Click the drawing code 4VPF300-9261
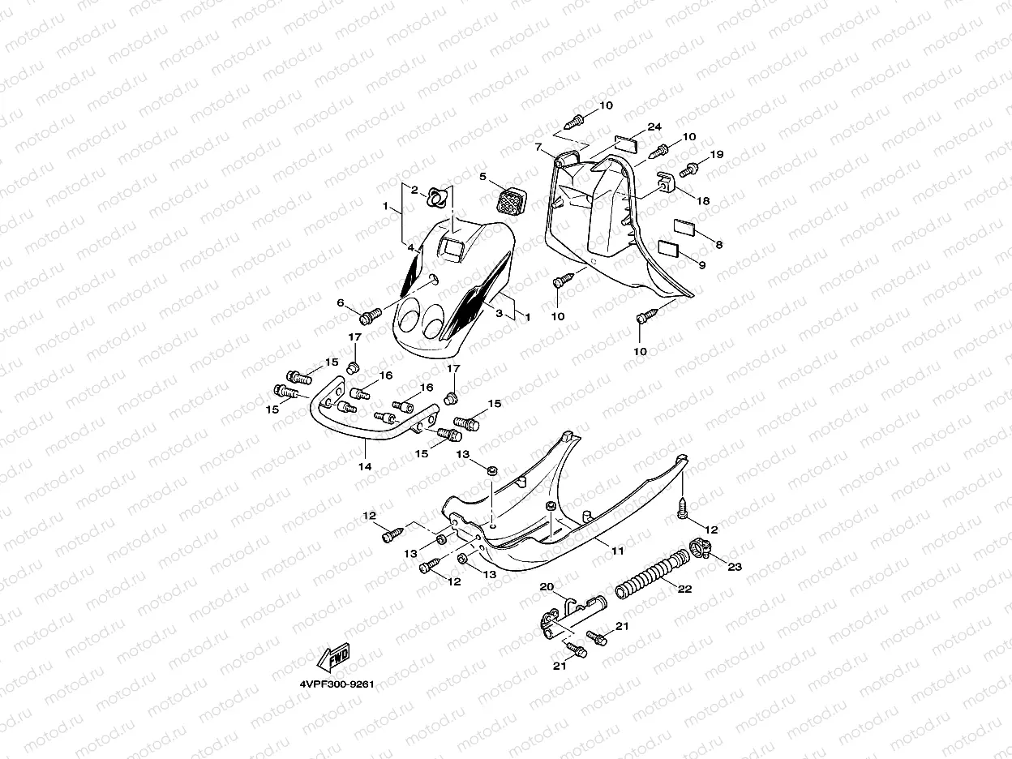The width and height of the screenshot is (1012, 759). tap(336, 684)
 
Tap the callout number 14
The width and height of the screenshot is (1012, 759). tap(365, 467)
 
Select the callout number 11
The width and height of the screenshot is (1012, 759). tap(618, 551)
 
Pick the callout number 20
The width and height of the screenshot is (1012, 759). tap(547, 587)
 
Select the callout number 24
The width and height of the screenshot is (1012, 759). tap(654, 127)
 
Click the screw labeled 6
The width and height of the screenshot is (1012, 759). tap(371, 314)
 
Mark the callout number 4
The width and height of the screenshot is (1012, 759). tap(411, 247)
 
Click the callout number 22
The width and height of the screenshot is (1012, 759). tap(684, 590)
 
